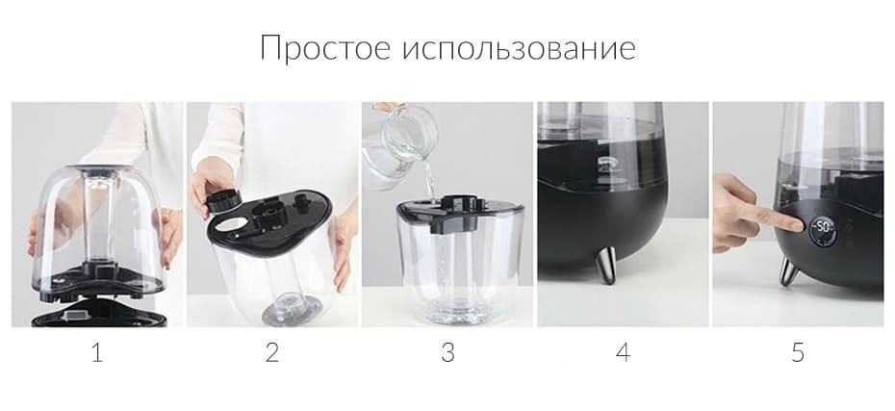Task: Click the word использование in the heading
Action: (519, 49)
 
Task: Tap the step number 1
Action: (97, 353)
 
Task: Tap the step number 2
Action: (272, 353)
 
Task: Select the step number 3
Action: (447, 353)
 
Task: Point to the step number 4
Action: (623, 353)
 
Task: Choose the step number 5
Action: (798, 353)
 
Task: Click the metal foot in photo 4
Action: (606, 265)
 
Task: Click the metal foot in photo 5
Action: (789, 271)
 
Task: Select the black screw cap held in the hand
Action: (223, 201)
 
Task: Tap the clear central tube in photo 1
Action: (99, 219)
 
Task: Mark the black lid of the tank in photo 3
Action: (458, 212)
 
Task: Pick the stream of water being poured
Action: (429, 180)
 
